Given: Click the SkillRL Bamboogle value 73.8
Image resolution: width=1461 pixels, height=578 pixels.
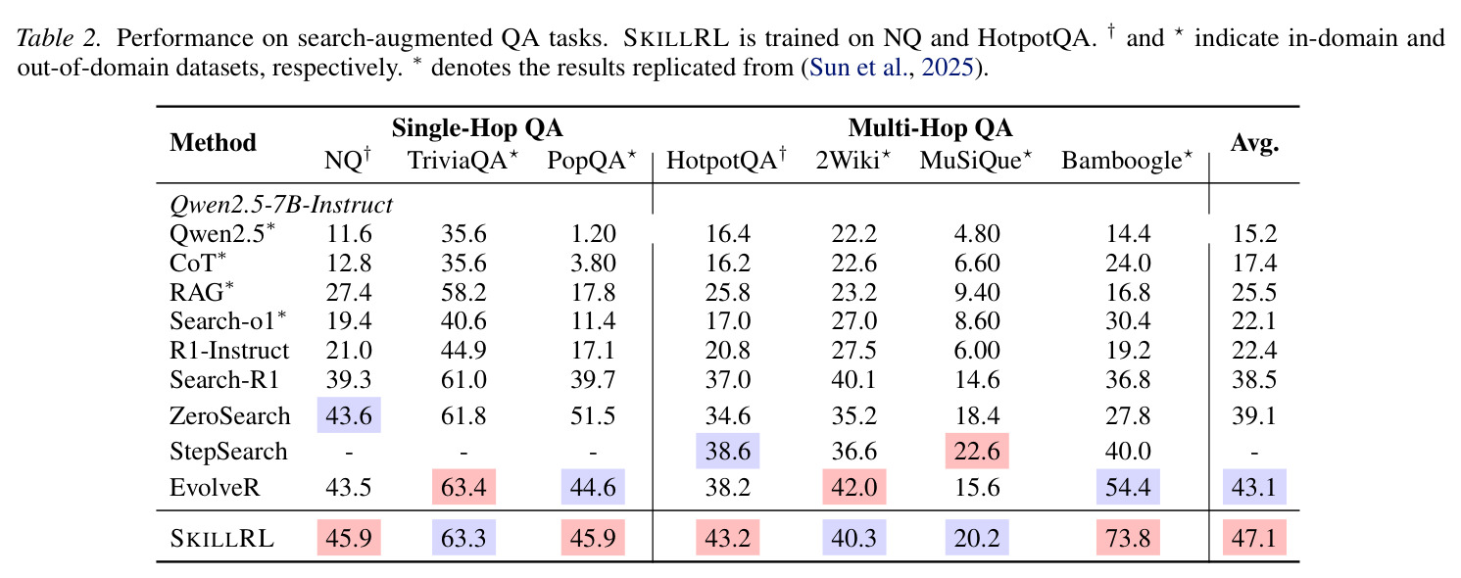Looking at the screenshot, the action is point(1128,538).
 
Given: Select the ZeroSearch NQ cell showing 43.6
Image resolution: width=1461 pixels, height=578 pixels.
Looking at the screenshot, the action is point(349,415).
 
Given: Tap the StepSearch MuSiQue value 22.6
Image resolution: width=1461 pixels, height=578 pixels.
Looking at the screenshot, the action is point(976,451).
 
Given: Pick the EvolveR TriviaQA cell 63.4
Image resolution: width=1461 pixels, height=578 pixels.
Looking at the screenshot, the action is point(463,487).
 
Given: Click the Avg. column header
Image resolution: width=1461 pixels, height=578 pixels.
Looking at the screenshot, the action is point(1254,143).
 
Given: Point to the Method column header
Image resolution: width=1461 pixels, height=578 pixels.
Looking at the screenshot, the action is point(213,142).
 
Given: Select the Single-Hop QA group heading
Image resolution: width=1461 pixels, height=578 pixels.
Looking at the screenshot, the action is point(477,128).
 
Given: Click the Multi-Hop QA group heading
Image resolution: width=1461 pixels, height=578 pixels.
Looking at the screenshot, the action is point(930,128).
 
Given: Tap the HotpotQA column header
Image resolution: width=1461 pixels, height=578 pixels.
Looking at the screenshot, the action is point(726,159).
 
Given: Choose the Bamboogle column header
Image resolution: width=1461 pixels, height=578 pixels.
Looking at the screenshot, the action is point(1127,160).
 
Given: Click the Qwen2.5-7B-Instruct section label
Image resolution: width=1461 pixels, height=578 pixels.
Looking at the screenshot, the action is point(281,205).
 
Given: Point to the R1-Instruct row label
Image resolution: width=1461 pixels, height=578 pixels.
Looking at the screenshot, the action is point(229,351).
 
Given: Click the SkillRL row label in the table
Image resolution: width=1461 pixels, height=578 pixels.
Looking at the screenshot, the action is point(221,538).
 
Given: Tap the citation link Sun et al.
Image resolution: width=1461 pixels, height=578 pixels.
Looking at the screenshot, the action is point(858,68).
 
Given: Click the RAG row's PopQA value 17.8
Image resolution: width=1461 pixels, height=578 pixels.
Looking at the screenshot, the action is point(593,292).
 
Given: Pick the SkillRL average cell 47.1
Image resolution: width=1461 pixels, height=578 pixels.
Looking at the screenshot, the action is point(1254,538).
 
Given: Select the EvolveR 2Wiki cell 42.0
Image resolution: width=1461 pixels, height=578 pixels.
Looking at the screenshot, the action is point(853,487).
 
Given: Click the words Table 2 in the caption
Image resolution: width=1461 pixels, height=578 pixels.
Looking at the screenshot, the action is point(59,38).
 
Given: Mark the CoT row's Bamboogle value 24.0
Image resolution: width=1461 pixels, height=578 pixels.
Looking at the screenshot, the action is point(1129,263).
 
